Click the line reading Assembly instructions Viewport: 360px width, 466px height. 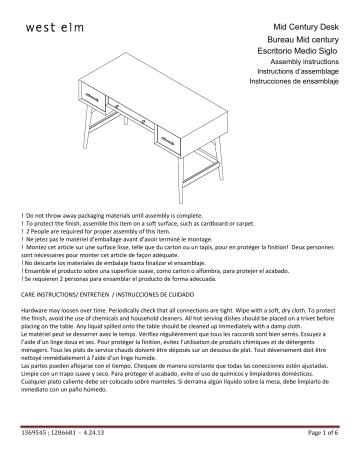tap(311, 63)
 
